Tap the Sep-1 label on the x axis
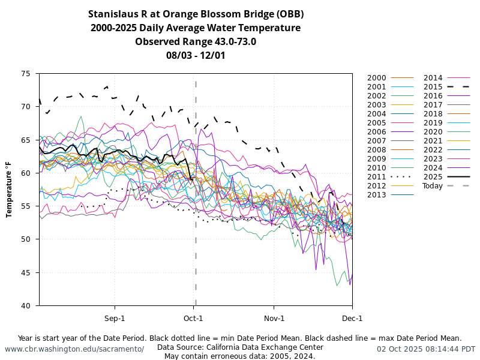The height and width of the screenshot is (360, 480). [115, 318]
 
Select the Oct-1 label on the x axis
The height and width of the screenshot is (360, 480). [193, 318]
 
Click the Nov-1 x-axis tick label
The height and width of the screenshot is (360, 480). [274, 318]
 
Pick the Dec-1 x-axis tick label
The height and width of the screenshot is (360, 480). [352, 318]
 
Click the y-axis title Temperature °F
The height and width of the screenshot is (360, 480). [10, 190]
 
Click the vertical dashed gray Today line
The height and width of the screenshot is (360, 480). [196, 252]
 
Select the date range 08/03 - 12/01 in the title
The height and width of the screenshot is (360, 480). [196, 55]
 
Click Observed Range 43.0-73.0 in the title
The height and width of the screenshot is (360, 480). [196, 41]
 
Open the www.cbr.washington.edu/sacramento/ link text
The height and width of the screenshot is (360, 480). [74, 349]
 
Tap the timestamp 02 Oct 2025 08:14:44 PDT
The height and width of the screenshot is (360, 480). [426, 349]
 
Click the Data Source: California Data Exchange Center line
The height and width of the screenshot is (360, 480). [240, 347]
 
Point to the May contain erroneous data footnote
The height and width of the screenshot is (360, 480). [240, 356]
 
